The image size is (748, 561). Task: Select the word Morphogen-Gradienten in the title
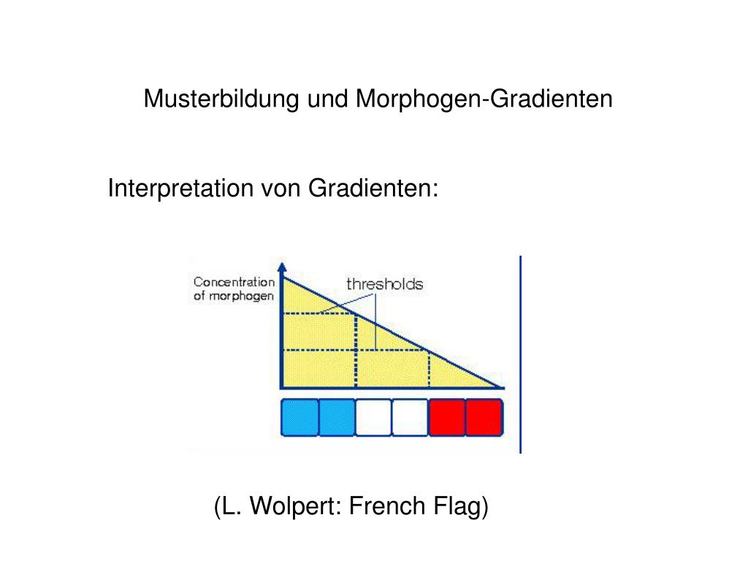pyautogui.click(x=484, y=98)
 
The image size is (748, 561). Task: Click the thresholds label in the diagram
pyautogui.click(x=384, y=283)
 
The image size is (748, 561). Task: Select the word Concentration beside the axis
pyautogui.click(x=234, y=282)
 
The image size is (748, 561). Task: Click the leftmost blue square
pyautogui.click(x=299, y=418)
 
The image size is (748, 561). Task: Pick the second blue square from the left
pyautogui.click(x=337, y=418)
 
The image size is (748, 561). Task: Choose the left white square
pyautogui.click(x=373, y=418)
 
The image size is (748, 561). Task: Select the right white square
pyautogui.click(x=410, y=418)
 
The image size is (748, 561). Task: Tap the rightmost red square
pyautogui.click(x=484, y=418)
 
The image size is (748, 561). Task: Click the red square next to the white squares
pyautogui.click(x=447, y=418)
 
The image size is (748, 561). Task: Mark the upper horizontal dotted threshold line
pyautogui.click(x=318, y=313)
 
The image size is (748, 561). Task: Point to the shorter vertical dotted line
pyautogui.click(x=429, y=369)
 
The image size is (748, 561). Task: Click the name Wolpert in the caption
pyautogui.click(x=292, y=505)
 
